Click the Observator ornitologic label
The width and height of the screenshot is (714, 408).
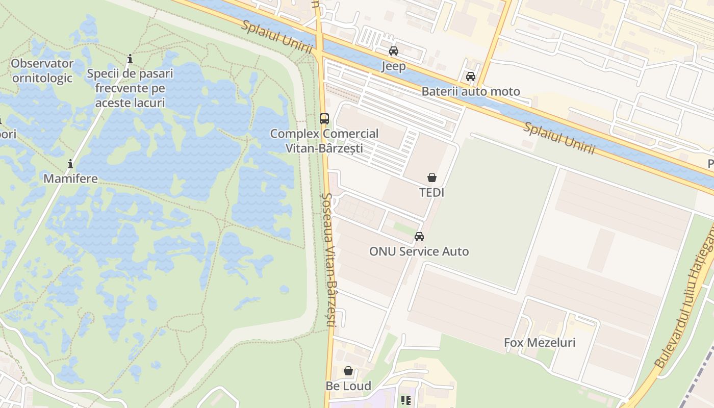point(42,71)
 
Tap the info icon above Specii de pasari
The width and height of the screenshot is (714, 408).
point(130,59)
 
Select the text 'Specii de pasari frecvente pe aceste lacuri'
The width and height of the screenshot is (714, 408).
point(130,88)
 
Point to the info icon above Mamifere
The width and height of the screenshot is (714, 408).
point(70,164)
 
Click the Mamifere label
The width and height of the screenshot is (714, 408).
point(70,179)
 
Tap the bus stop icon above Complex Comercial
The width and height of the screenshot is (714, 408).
point(324,119)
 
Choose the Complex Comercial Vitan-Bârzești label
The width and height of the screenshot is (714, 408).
point(324,141)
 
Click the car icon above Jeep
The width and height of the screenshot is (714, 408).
point(393,51)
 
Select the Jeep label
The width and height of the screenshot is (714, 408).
point(394,66)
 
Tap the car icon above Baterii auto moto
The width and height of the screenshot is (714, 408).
point(470,76)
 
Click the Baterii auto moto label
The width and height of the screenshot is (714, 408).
point(470,92)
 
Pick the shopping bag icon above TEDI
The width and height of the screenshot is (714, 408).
point(431,177)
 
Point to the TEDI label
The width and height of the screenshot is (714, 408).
point(431,193)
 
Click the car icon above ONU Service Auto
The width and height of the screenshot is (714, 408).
point(419,237)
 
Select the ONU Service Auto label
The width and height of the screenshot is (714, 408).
point(419,251)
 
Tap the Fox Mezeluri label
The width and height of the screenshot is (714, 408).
point(540,343)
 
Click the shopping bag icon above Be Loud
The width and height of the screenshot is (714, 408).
point(348,371)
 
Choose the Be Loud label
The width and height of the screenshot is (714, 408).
point(348,386)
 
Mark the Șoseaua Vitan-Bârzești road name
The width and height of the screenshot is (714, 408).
point(328,260)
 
